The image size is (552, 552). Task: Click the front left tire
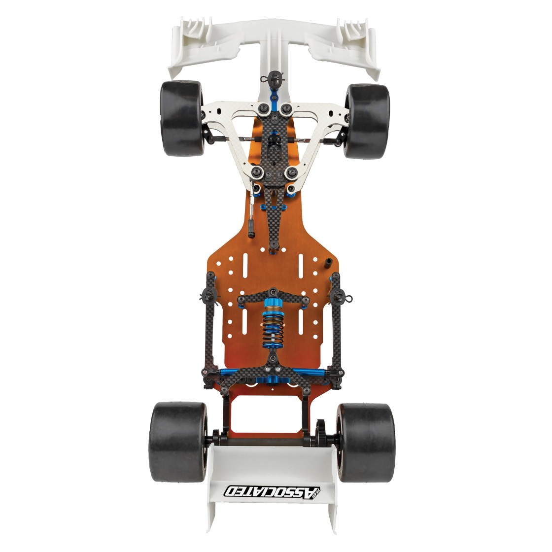point(182,118)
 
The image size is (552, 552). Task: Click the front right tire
point(367,121)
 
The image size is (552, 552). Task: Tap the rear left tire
point(178,442)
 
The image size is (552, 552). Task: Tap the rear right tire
point(366,443)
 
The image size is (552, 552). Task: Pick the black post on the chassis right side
point(328,263)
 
